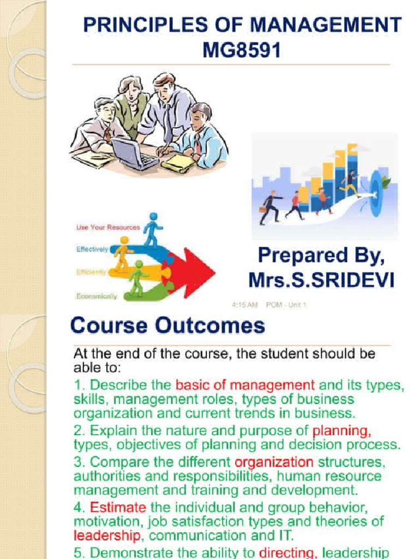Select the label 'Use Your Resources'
[x=107, y=227]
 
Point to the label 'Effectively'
[x=92, y=249]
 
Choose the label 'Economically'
[x=97, y=296]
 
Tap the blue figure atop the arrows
[x=152, y=228]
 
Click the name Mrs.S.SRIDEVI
[x=321, y=280]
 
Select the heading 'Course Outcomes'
[x=167, y=326]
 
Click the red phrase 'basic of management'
[x=245, y=384]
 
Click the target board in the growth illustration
[x=376, y=186]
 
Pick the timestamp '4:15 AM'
[x=246, y=305]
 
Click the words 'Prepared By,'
[x=321, y=255]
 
